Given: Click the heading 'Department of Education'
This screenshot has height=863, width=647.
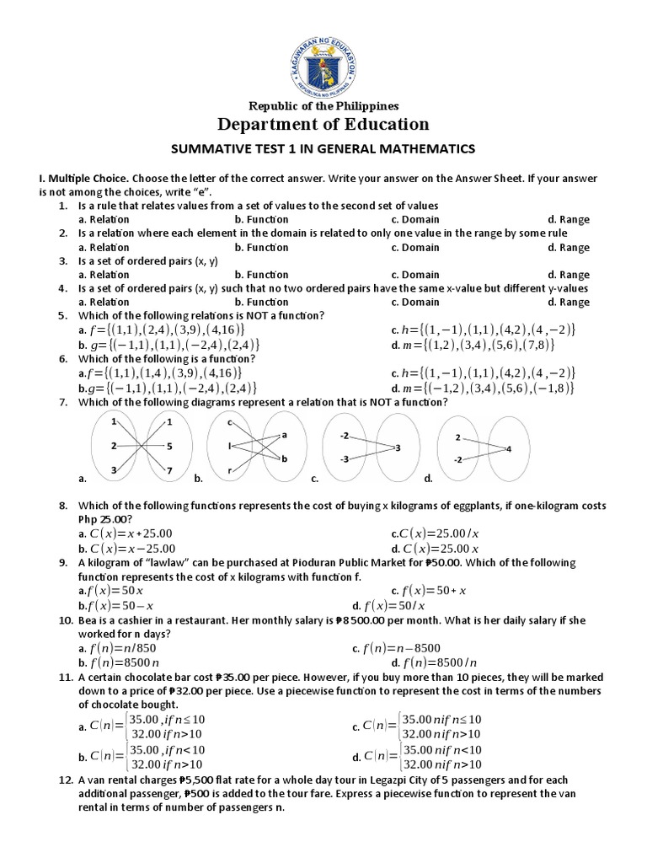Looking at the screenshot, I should point(323,125).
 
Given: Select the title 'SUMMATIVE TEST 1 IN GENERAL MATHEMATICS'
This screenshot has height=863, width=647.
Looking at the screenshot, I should point(323,149).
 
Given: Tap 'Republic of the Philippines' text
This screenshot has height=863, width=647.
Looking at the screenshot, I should point(323,105).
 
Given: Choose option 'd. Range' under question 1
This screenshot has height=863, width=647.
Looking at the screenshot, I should point(568,220).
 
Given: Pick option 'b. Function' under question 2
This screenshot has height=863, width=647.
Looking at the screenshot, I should point(261,247).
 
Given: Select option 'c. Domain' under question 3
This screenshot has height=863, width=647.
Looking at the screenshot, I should point(414,275).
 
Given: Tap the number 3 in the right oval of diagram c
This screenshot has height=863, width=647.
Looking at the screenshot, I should point(398,447).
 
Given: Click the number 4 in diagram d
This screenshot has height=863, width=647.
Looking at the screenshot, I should point(508,449).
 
